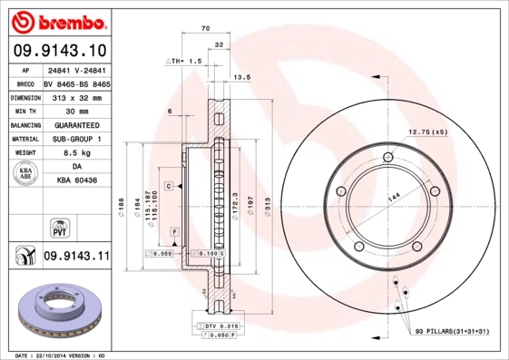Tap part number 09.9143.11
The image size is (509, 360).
[x=76, y=258]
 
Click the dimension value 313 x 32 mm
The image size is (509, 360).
[x=76, y=97]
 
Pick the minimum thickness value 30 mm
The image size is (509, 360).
[x=76, y=111]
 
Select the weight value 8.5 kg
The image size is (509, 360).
[x=76, y=153]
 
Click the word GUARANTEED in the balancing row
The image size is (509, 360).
[x=76, y=125]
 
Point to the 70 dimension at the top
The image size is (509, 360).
[x=205, y=30]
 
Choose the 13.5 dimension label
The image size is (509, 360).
[x=242, y=78]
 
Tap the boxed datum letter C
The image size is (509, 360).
[x=168, y=185]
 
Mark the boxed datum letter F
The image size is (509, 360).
[x=173, y=232]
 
